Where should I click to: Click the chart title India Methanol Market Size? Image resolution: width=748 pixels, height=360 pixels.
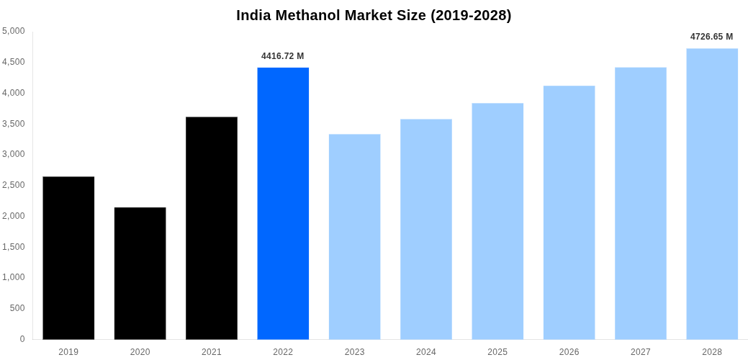374,15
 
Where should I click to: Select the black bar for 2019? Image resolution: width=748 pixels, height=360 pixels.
68,258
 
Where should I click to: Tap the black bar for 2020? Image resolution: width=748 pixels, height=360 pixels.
140,274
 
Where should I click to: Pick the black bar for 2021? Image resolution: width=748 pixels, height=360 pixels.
212,228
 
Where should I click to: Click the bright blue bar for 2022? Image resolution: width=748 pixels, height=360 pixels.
283,203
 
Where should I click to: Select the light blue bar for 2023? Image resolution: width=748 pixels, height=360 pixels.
354,237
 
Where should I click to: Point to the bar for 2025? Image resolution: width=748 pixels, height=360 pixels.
497,221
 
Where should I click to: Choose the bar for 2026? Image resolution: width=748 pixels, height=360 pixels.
569,212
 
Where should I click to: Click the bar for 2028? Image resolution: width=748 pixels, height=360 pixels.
712,194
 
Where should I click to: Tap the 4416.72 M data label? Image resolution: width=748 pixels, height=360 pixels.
283,56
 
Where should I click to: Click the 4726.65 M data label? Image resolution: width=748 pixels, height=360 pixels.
711,37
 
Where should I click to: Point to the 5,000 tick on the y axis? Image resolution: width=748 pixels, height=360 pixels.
14,31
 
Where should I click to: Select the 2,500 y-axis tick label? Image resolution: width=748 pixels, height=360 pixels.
14,185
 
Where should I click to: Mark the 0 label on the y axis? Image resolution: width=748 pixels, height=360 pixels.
22,339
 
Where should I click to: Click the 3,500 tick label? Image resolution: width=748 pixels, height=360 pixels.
14,124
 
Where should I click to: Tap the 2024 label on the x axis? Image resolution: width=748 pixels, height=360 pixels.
426,352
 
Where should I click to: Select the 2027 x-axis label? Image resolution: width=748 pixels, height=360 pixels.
641,352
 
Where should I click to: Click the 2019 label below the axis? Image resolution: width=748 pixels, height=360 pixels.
68,352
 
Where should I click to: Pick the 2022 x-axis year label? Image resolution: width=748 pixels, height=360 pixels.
283,352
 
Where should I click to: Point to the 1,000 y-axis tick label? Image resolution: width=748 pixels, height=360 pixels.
14,277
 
